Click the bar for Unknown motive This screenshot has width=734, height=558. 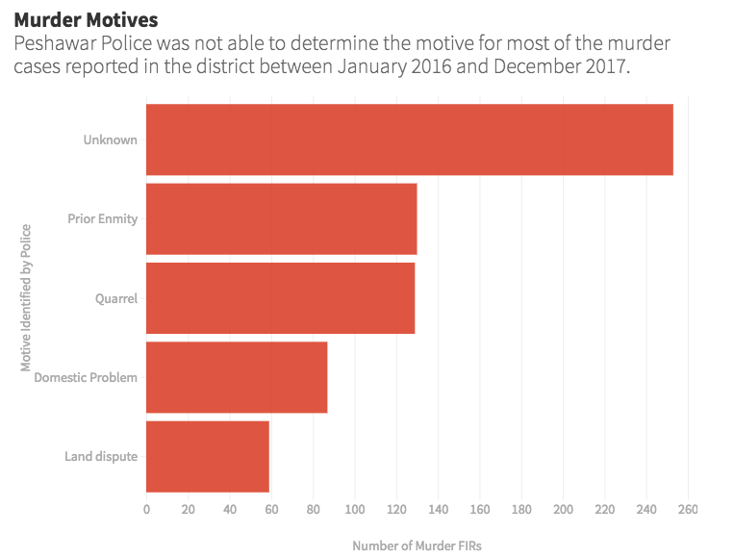point(409,139)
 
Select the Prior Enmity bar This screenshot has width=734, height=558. point(281,218)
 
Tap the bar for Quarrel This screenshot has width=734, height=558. point(280,298)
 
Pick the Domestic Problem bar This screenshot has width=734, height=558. point(237,377)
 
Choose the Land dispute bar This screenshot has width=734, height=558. point(207,456)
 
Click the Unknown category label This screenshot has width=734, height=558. point(111,139)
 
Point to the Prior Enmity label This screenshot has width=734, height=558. point(103,218)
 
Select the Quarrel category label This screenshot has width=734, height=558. point(116,298)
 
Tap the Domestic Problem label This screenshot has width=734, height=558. point(86,377)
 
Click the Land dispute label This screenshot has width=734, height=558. point(101,456)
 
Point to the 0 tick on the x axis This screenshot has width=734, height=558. point(146,509)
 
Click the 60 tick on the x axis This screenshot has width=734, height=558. point(271,509)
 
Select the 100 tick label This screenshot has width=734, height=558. point(355,509)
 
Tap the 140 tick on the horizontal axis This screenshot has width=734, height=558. point(438,509)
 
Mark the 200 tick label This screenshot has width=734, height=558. point(563,509)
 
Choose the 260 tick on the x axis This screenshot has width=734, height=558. point(688,509)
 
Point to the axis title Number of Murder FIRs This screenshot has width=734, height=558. point(417,545)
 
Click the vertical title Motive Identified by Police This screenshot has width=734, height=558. point(27,297)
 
